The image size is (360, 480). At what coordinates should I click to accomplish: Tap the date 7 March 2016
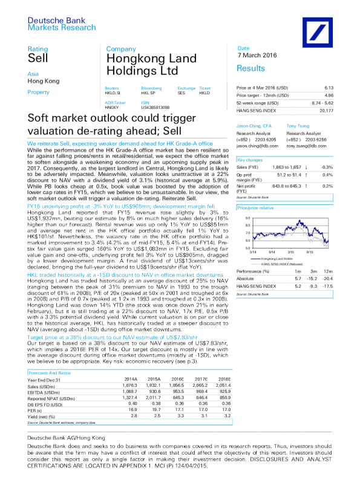point(257,56)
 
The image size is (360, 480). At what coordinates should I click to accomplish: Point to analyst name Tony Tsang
point(298,125)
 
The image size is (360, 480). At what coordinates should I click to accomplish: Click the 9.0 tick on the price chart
point(246,219)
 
